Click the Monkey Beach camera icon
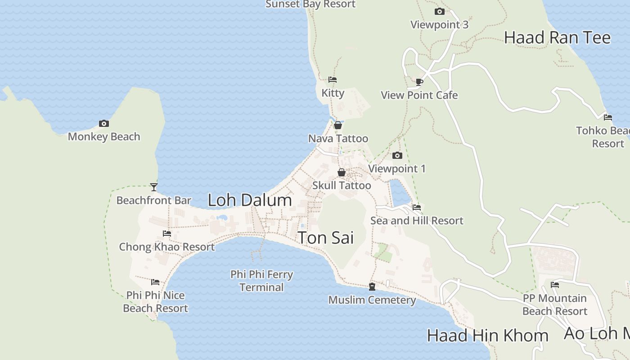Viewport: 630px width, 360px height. click(x=104, y=123)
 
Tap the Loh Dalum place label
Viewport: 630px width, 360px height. click(x=250, y=200)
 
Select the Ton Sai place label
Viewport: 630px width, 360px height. click(x=326, y=238)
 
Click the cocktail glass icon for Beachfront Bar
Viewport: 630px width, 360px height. click(x=154, y=187)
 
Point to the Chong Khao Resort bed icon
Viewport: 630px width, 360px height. click(x=167, y=234)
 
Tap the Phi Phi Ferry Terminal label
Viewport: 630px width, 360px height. click(x=261, y=281)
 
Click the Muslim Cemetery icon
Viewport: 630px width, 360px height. click(x=372, y=287)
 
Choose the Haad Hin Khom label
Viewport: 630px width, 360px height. click(x=487, y=335)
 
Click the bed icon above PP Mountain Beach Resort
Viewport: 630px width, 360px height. click(x=555, y=285)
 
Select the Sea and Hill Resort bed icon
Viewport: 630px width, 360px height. click(x=417, y=207)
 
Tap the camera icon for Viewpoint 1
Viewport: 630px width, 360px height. click(x=397, y=156)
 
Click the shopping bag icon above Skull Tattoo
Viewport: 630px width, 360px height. click(x=342, y=172)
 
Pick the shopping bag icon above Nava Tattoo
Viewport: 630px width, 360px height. click(x=338, y=125)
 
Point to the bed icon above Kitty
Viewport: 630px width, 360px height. click(x=333, y=80)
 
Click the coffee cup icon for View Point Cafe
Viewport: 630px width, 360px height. click(x=419, y=82)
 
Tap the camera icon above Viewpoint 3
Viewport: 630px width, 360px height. click(x=440, y=12)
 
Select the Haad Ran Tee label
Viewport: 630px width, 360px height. click(x=557, y=37)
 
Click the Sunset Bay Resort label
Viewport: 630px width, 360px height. click(x=310, y=4)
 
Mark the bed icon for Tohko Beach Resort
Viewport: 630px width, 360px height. click(x=608, y=117)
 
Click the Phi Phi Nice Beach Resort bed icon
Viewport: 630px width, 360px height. click(x=155, y=282)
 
